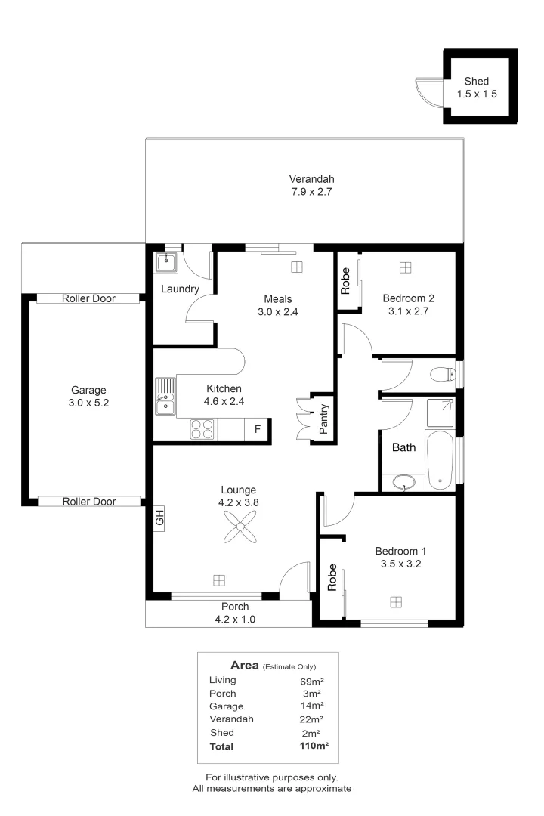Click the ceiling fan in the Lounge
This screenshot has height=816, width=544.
coord(240,527)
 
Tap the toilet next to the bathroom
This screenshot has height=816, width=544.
coord(443,374)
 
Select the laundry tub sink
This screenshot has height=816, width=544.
coord(166,261)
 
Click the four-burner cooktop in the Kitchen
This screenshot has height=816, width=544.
coord(202,429)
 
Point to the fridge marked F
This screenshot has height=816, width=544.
coord(257,429)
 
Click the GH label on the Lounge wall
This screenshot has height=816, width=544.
coord(159,518)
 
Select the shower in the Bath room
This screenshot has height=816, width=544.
coord(440,413)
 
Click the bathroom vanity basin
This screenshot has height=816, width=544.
coord(404,482)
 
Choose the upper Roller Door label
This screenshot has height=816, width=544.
coord(88,298)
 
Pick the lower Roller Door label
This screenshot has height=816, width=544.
coord(89,501)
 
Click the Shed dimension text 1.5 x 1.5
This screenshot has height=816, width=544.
coord(477,94)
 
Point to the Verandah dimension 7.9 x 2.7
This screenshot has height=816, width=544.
coord(311,191)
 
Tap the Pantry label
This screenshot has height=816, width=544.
coord(323,419)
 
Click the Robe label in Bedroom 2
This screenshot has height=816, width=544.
coord(345,282)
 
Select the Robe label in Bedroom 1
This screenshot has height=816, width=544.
coord(332,578)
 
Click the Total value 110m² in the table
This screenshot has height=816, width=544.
coord(314,746)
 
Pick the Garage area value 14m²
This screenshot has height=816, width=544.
coord(312,706)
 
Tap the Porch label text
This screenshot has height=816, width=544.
coord(235,607)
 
